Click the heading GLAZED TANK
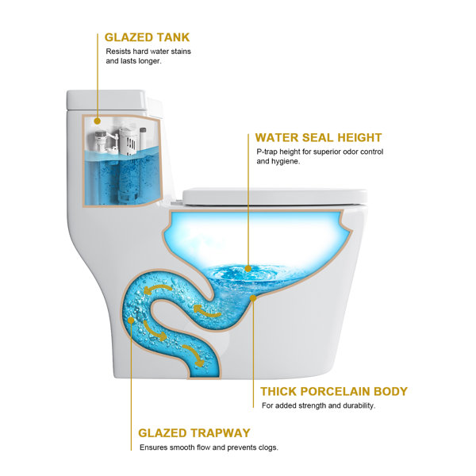click(147, 37)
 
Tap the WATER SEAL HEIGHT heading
click(318, 137)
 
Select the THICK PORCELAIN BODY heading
click(334, 391)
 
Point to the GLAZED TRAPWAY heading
click(194, 432)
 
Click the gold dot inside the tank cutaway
click(97, 121)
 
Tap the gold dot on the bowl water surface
click(248, 269)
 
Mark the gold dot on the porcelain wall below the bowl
click(253, 298)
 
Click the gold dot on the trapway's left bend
click(131, 320)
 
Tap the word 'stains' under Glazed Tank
click(180, 52)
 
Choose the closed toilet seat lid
click(274, 197)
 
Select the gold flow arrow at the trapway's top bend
click(158, 289)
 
